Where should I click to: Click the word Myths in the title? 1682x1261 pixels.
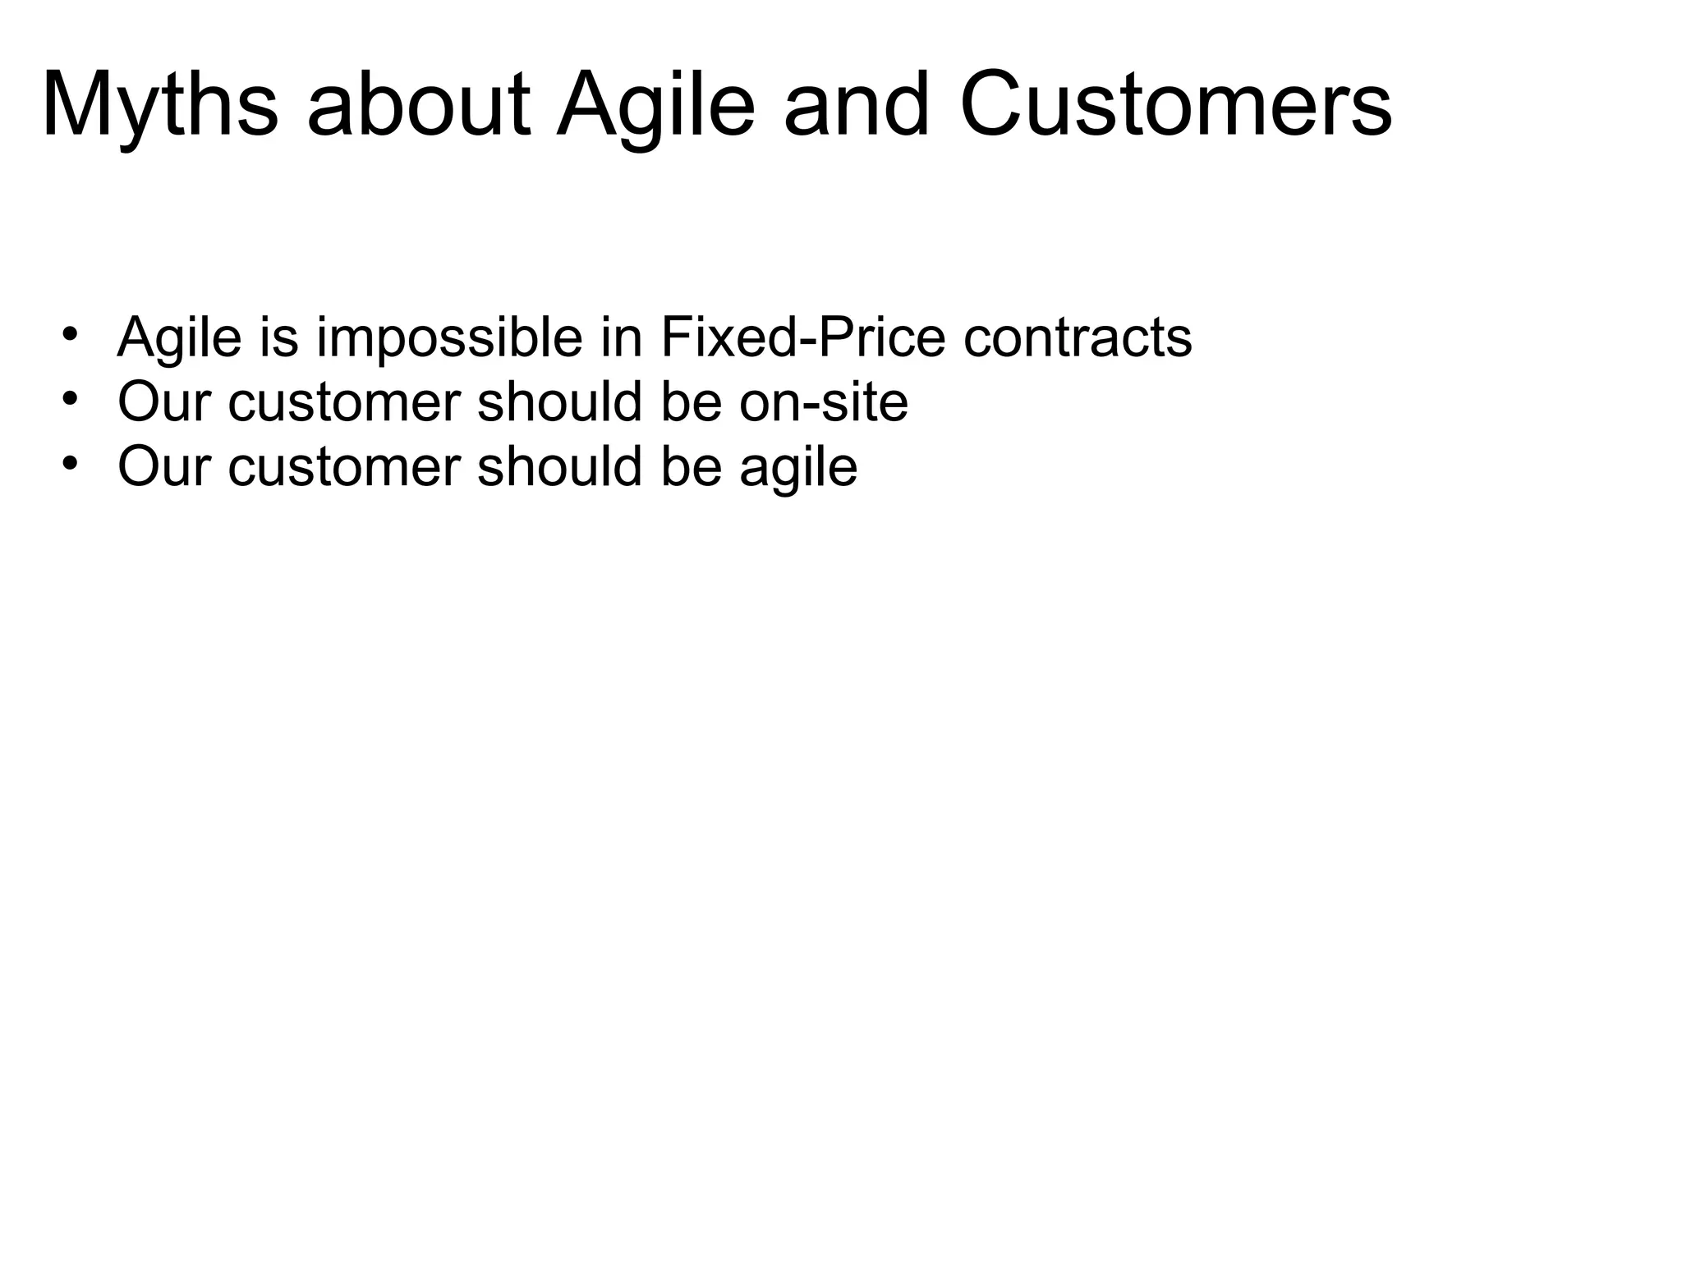point(160,107)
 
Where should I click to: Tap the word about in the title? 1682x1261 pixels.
point(419,107)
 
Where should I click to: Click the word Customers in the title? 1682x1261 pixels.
point(1175,107)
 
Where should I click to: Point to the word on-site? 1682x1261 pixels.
point(824,402)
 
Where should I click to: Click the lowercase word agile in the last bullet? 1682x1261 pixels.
point(798,467)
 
